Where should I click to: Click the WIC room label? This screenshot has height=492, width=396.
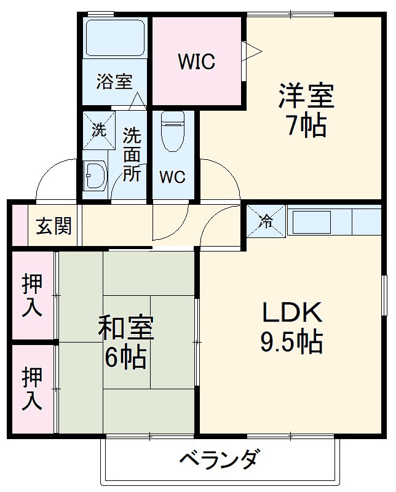(x=197, y=61)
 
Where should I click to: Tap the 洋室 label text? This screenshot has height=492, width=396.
(x=306, y=97)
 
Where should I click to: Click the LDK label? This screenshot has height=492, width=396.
(x=293, y=314)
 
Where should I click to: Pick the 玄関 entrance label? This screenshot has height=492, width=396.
(x=53, y=226)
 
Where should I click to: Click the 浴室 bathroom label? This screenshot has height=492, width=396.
(x=114, y=82)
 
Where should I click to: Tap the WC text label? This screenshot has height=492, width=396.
(x=173, y=177)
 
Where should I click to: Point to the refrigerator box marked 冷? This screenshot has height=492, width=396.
(x=266, y=221)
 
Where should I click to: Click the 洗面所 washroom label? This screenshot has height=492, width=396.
(x=132, y=154)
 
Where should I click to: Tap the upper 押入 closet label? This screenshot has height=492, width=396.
(x=32, y=295)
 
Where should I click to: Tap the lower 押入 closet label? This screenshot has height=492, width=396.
(x=32, y=389)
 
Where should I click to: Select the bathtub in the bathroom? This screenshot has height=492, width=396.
(x=115, y=38)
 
